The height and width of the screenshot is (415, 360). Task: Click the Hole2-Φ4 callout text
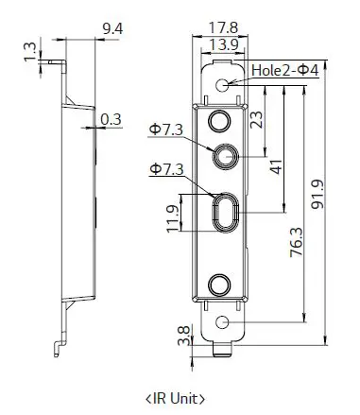pyautogui.click(x=285, y=72)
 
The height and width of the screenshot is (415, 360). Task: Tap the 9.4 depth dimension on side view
pyautogui.click(x=112, y=28)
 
